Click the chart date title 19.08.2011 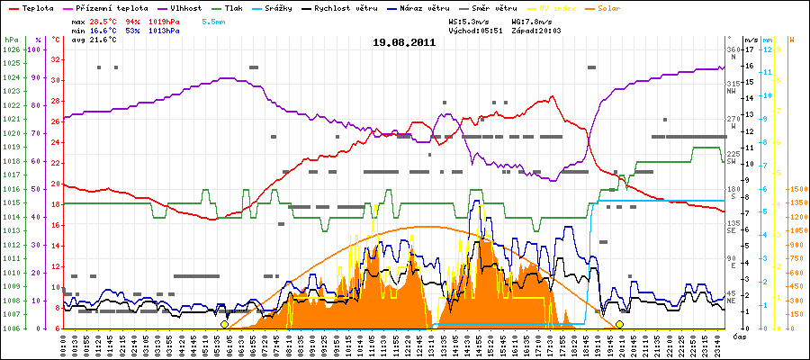click(404, 41)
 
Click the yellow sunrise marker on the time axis click(224, 324)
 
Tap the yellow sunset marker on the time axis click(619, 324)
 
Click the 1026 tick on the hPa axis click(11, 49)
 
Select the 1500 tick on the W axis click(797, 189)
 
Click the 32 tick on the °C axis click(56, 59)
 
